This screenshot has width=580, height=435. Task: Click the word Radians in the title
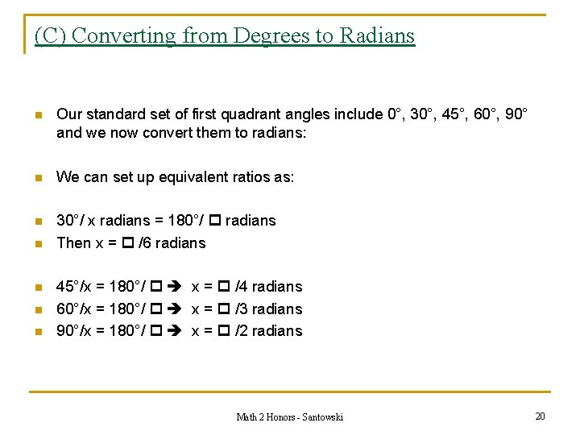pos(377,36)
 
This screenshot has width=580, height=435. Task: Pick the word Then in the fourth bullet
pos(73,243)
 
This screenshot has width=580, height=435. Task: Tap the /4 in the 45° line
pos(241,287)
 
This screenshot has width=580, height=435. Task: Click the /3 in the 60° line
pos(241,309)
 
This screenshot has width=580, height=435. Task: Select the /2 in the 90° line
pos(241,331)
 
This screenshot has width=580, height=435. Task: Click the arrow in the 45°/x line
pos(176,287)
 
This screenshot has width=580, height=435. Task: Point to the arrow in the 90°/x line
pos(176,331)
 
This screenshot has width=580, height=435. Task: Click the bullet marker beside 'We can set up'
pos(37,177)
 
